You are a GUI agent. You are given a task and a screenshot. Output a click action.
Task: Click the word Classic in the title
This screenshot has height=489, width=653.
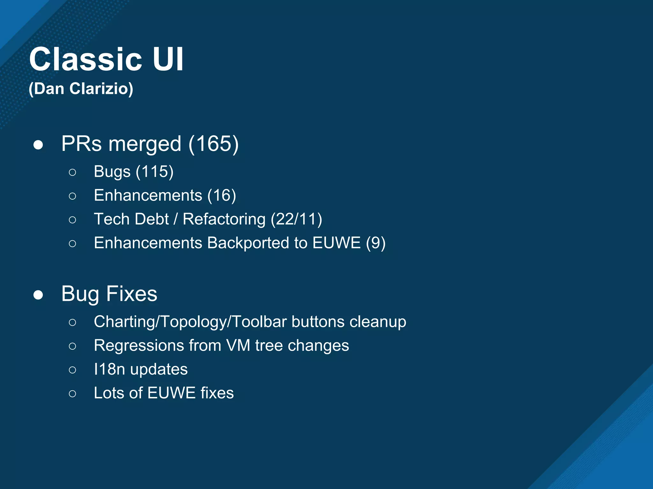coord(85,60)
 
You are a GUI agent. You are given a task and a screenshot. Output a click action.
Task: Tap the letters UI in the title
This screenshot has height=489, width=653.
coord(168,60)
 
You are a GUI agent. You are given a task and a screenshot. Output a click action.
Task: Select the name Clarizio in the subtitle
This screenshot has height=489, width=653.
coord(101,89)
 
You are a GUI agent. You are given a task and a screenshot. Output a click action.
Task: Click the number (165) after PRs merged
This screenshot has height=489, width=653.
coord(213,144)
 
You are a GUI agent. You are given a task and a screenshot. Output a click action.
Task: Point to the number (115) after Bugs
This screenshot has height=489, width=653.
coord(155,172)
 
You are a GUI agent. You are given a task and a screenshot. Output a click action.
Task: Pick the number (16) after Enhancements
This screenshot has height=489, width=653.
coord(222,195)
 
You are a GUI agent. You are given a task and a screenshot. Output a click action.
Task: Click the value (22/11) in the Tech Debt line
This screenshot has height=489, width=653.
coord(296,219)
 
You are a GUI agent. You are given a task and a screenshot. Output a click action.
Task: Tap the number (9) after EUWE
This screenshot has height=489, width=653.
coord(376,243)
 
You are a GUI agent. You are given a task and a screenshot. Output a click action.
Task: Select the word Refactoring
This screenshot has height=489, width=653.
coord(224,219)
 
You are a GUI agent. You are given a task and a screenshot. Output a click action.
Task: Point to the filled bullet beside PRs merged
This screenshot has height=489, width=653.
coord(38,145)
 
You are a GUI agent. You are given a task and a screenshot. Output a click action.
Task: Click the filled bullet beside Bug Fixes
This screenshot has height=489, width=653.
coord(38,295)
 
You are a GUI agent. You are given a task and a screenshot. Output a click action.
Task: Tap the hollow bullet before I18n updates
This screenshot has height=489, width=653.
coord(72,370)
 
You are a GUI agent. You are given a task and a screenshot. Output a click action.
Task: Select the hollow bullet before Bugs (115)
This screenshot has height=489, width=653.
coord(72,172)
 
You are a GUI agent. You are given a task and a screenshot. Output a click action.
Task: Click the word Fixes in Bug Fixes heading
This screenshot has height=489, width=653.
coord(132,294)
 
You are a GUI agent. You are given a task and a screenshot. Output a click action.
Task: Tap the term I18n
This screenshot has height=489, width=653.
coord(109,369)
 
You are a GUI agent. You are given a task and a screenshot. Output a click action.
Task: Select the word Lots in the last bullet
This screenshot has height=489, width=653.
coord(109,393)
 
